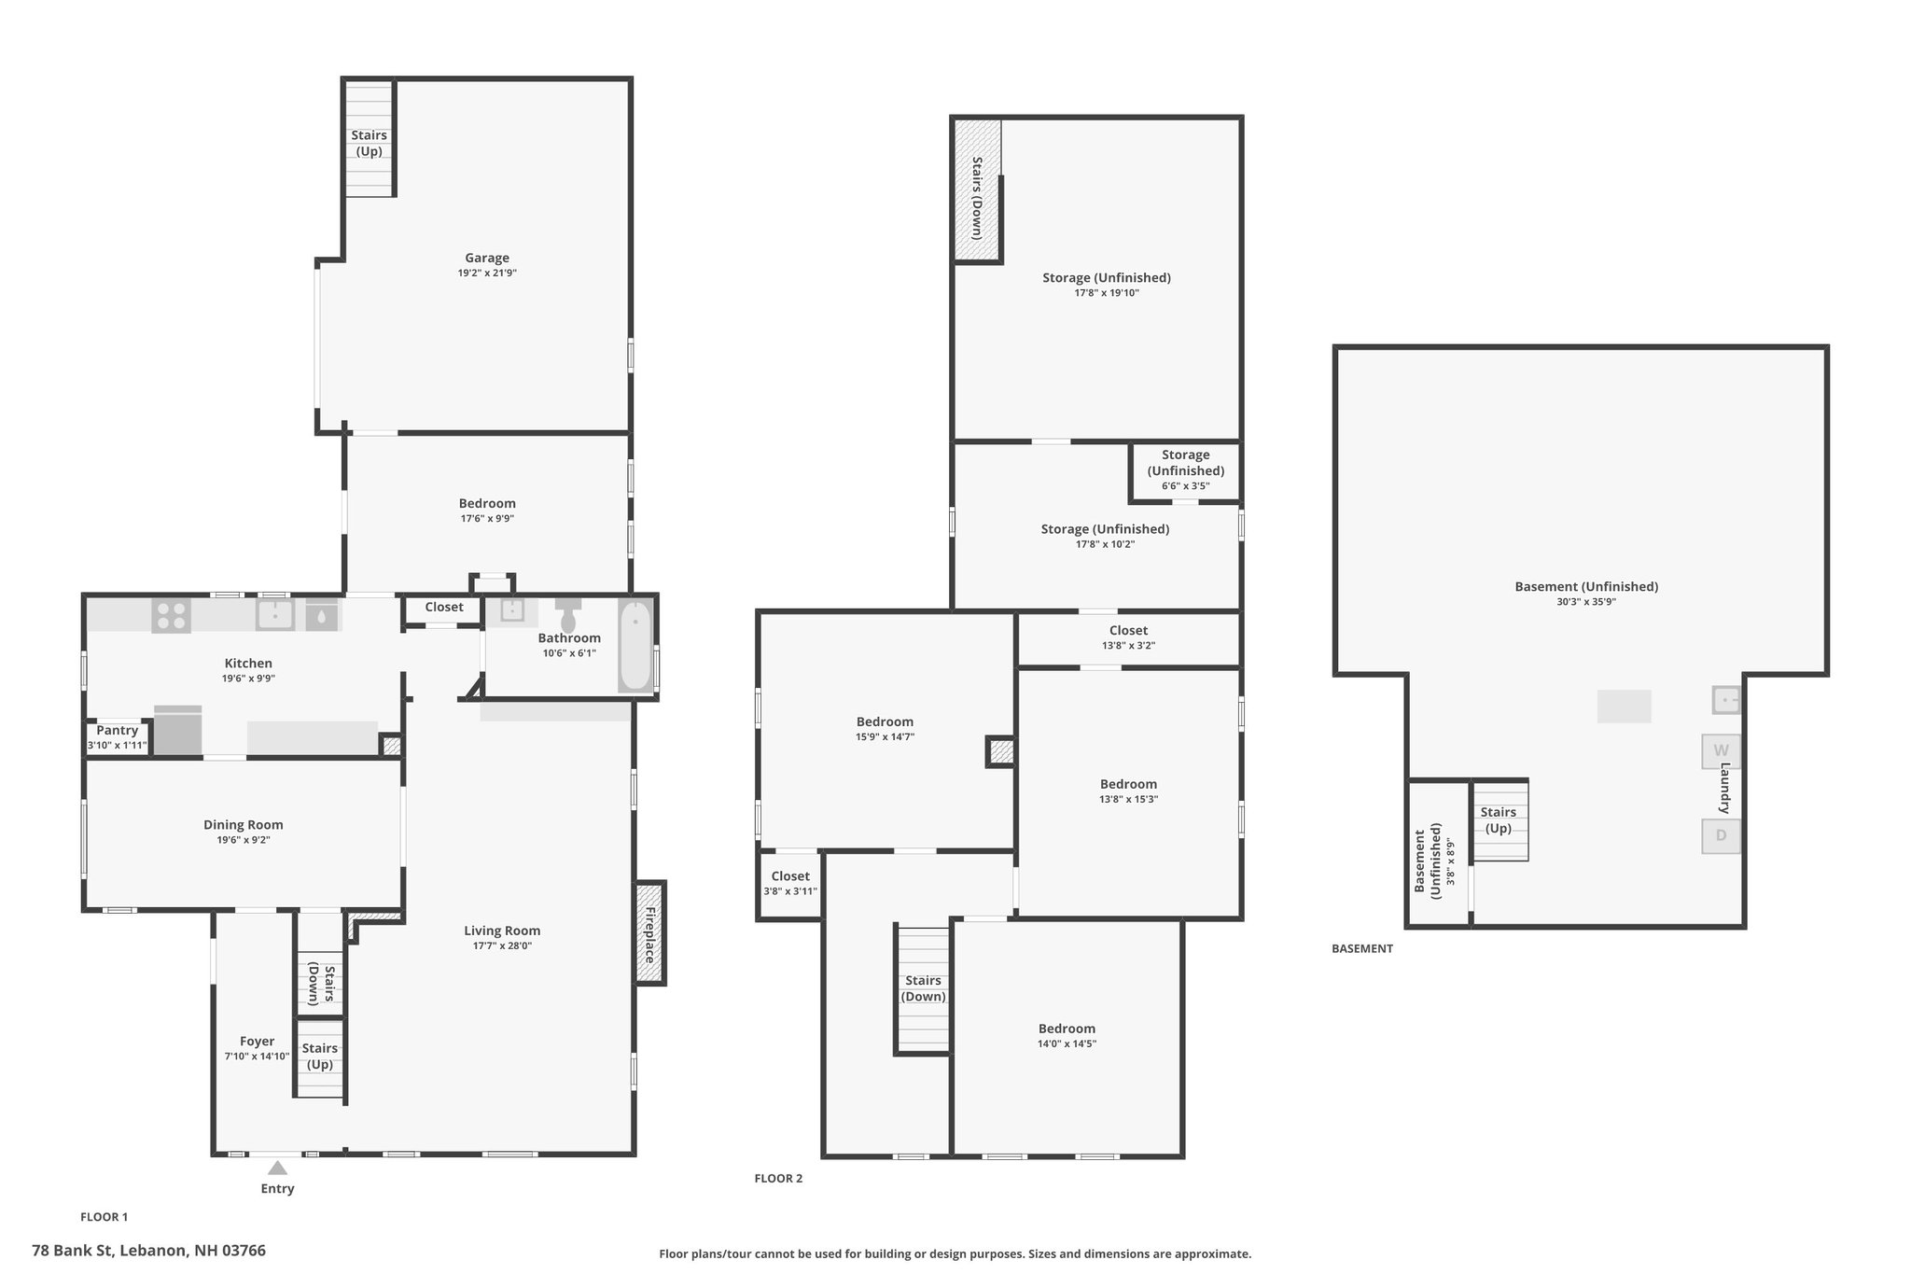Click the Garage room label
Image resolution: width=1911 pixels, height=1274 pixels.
pyautogui.click(x=487, y=259)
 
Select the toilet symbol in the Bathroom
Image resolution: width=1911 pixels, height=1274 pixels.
pyautogui.click(x=568, y=615)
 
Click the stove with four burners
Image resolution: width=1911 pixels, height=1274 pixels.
pyautogui.click(x=172, y=616)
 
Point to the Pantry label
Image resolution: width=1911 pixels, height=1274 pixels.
pyautogui.click(x=118, y=731)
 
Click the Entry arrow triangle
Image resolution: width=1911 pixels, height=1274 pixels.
pyautogui.click(x=277, y=1168)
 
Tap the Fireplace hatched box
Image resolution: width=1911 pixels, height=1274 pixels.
pyautogui.click(x=650, y=932)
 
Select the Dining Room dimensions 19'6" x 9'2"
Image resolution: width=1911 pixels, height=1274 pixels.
pyautogui.click(x=244, y=840)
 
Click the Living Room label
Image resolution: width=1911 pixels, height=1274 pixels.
pyautogui.click(x=502, y=931)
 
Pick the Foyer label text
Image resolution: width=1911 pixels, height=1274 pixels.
pyautogui.click(x=257, y=1042)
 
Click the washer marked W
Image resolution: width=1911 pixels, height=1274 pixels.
pyautogui.click(x=1721, y=751)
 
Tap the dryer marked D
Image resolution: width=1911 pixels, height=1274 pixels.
pyautogui.click(x=1721, y=835)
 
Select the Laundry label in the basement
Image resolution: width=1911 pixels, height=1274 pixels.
pyautogui.click(x=1725, y=788)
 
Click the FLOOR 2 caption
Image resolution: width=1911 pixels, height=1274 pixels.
pyautogui.click(x=778, y=1179)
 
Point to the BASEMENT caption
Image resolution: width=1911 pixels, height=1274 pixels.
pyautogui.click(x=1362, y=949)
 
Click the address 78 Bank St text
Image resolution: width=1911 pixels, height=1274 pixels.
pyautogui.click(x=148, y=1251)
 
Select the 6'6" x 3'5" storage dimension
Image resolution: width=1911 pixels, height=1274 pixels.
pyautogui.click(x=1186, y=486)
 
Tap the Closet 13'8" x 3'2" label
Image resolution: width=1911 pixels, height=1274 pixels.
pyautogui.click(x=1128, y=637)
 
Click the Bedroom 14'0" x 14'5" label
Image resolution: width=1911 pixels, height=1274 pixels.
pyautogui.click(x=1067, y=1036)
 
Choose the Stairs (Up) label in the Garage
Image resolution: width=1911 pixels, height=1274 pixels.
pyautogui.click(x=369, y=144)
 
